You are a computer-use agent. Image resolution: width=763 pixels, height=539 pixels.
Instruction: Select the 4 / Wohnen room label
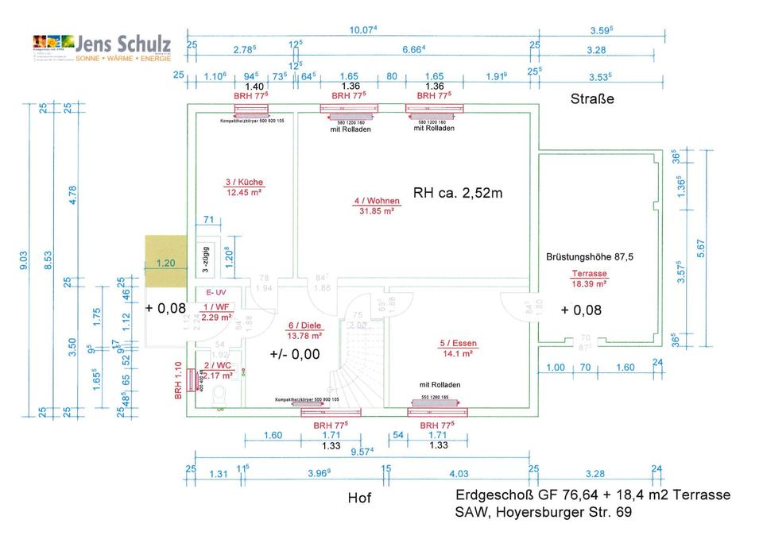376,201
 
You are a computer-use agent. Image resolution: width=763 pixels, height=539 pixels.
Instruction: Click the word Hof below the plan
359,499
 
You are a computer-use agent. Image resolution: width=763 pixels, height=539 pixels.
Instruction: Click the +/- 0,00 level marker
294,355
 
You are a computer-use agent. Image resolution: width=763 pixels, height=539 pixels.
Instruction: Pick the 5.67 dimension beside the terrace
700,249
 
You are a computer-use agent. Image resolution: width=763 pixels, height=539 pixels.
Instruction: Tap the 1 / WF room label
216,307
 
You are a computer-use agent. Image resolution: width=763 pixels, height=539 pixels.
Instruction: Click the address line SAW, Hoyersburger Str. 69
543,513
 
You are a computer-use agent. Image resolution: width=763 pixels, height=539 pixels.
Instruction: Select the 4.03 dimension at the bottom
459,474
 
